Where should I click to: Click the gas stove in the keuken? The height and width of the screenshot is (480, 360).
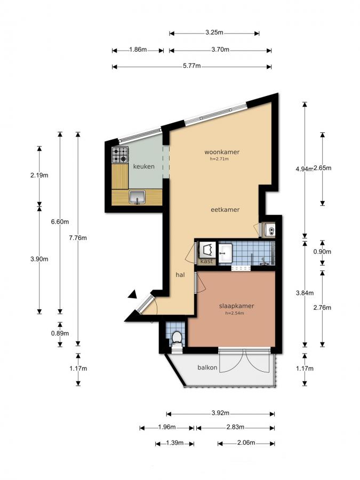(x=120, y=155)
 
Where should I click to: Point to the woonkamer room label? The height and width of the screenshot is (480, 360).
(x=225, y=152)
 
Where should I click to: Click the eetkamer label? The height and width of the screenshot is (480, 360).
(x=225, y=210)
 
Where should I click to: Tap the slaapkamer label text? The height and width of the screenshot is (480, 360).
(x=236, y=306)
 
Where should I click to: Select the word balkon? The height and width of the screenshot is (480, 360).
(x=206, y=367)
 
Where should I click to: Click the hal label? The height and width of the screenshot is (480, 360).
(x=180, y=275)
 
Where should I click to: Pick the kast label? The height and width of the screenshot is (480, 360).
(x=207, y=261)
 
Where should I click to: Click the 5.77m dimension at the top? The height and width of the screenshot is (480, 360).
(x=192, y=66)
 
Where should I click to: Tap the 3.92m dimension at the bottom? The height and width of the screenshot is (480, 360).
(x=220, y=413)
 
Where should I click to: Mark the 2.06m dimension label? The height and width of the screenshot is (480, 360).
(x=246, y=443)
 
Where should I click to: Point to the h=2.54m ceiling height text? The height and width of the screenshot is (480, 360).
(x=235, y=313)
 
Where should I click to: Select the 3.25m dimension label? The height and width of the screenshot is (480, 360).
(x=214, y=33)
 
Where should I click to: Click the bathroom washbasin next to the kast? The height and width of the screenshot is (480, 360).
(x=225, y=252)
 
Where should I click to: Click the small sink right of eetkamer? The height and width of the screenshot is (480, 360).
(x=270, y=230)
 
